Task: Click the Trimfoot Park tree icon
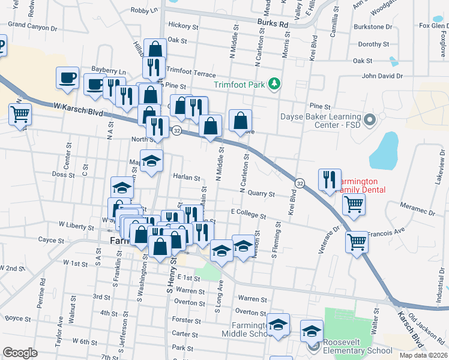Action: [274, 83]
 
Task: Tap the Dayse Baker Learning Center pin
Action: [369, 119]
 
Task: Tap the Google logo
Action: [20, 353]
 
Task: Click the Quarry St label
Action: [262, 194]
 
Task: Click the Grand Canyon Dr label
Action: [32, 26]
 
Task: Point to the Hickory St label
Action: [183, 26]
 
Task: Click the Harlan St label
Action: [186, 178]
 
